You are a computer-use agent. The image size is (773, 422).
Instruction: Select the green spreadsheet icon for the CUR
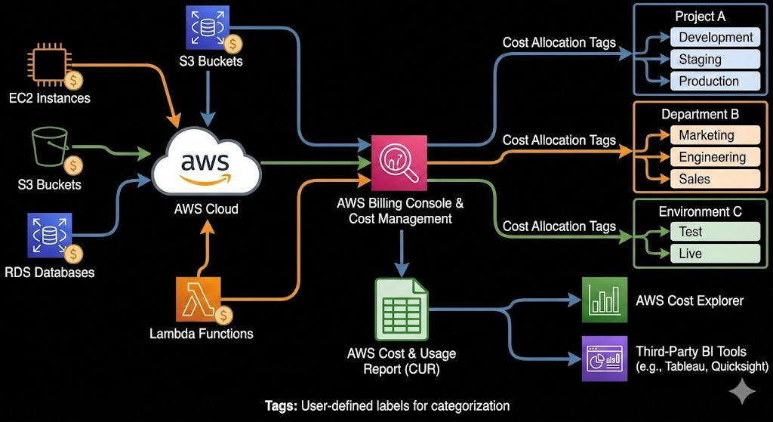[x=401, y=308]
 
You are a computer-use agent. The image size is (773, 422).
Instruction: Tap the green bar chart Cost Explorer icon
[x=604, y=300]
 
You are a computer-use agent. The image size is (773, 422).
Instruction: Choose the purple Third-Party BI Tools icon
[x=604, y=358]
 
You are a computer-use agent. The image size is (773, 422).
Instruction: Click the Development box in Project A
[x=715, y=37]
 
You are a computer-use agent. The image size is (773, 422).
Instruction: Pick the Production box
[x=715, y=81]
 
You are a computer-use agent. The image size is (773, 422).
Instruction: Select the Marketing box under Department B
[x=714, y=135]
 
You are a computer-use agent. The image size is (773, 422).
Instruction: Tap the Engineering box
[x=714, y=157]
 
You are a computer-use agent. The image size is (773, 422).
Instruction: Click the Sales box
[x=714, y=179]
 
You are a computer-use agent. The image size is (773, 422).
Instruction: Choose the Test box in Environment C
[x=714, y=232]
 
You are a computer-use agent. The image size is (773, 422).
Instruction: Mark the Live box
[x=714, y=254]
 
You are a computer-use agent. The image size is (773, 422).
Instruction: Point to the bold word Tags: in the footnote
[x=281, y=405]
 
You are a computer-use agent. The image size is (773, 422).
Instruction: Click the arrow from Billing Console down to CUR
[x=401, y=253]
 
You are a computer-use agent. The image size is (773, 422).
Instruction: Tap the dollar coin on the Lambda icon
[x=223, y=315]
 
